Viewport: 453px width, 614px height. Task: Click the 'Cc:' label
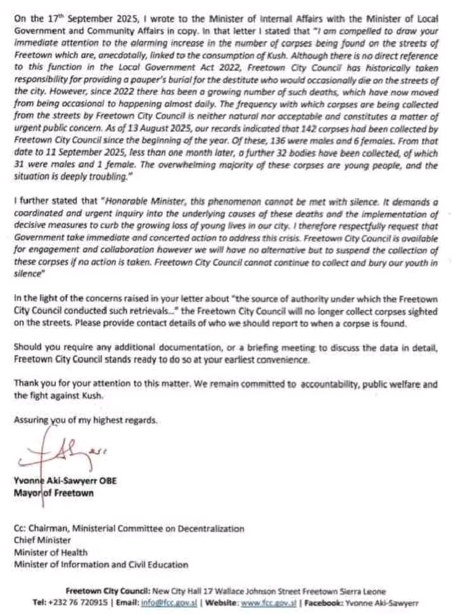click(21, 528)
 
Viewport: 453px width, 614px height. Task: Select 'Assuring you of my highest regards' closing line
click(86, 419)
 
